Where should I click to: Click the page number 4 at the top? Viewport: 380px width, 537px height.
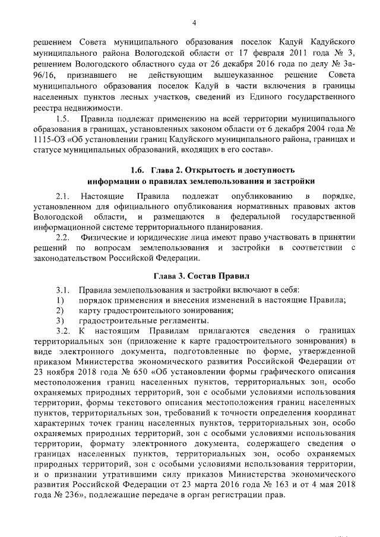(194, 23)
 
